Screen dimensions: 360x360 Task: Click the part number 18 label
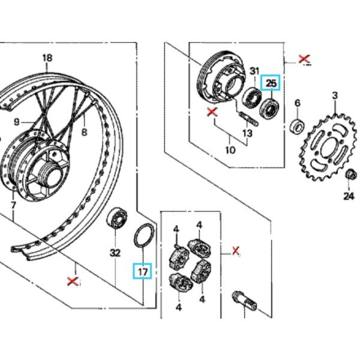(47, 58)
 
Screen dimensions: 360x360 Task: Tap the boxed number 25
(272, 83)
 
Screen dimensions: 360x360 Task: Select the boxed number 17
(143, 272)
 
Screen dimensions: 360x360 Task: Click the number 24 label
(349, 196)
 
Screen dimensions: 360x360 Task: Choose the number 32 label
(115, 253)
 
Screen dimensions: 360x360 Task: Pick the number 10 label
(230, 151)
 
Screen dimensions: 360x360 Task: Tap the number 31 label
(254, 71)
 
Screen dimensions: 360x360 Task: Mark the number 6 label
(297, 103)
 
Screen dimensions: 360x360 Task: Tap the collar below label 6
(297, 127)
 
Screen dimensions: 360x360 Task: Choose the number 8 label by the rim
(85, 132)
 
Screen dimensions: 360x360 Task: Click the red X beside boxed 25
(305, 59)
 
